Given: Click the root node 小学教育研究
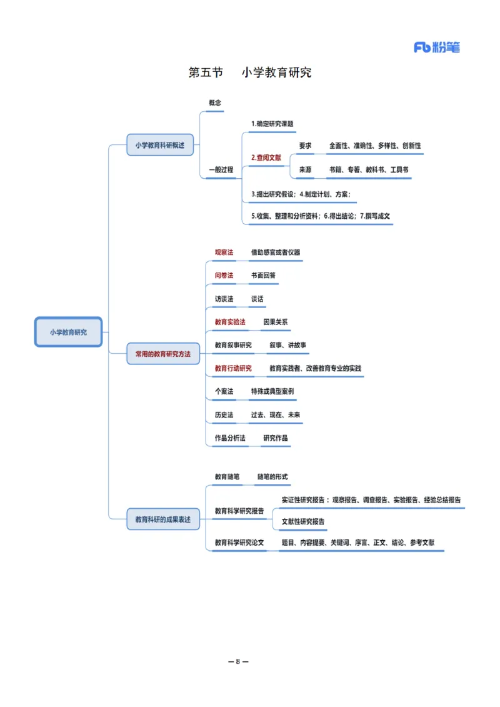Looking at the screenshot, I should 68,332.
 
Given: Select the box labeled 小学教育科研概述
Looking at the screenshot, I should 160,144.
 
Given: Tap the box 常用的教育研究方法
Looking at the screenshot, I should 163,354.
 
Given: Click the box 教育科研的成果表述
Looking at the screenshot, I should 163,519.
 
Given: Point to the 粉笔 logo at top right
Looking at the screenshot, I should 437,48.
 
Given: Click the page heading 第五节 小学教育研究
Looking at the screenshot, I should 250,73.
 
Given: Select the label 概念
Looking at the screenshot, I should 215,103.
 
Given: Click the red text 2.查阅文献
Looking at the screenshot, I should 266,158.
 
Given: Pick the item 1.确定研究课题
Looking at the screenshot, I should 272,124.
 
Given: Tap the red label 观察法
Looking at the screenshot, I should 224,253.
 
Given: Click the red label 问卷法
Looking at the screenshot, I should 224,275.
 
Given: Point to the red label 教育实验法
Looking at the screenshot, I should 230,322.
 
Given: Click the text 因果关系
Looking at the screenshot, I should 276,322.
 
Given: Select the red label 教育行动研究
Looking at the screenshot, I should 233,368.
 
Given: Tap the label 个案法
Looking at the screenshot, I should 224,391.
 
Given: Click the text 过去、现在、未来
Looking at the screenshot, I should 276,414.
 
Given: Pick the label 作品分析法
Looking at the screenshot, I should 230,438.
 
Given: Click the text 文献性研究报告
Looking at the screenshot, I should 303,521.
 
